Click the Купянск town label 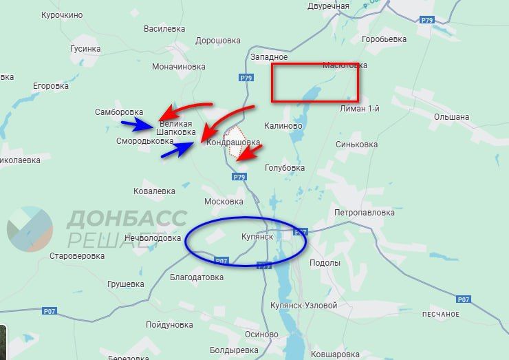(257, 237)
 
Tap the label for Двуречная (329, 6)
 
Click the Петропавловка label (363, 213)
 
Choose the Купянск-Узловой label (303, 305)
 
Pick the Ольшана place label (451, 117)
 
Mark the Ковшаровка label (334, 354)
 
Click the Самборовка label (119, 112)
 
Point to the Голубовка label (284, 167)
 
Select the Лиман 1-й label (360, 109)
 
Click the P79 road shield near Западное (247, 78)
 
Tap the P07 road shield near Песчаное (464, 299)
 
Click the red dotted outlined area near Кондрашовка (236, 143)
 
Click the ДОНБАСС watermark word (127, 219)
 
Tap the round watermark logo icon (30, 229)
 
